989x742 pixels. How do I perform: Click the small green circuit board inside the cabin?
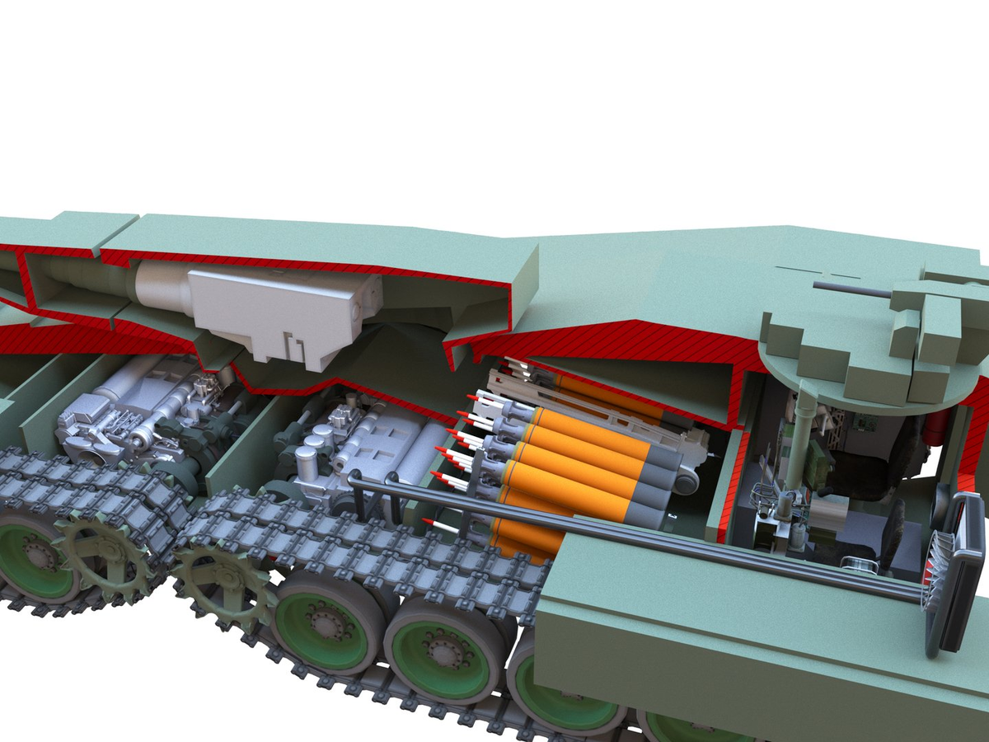coord(865,421)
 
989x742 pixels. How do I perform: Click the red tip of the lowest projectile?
coord(429,522)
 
